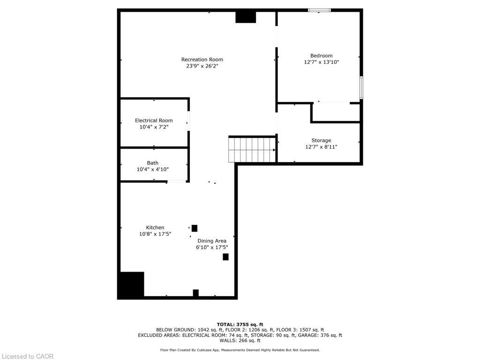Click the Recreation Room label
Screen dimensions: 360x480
coord(202,60)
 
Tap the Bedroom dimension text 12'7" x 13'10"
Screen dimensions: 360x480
coord(321,62)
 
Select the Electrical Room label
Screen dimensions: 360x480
coord(154,120)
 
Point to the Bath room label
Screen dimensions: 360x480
coord(152,163)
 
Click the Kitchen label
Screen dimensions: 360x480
coord(155,228)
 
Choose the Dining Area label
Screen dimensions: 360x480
coord(211,241)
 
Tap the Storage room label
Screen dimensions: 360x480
coord(321,141)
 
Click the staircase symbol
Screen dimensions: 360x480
coord(252,149)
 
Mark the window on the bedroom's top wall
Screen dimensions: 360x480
coord(319,10)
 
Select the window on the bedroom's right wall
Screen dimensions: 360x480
coord(361,87)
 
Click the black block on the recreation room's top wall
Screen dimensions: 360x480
coord(246,17)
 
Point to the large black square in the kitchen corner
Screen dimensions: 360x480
coord(131,285)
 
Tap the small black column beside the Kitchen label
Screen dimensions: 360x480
coord(195,228)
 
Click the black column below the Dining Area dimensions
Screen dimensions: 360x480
coord(225,257)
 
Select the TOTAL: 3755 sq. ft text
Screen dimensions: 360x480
coord(240,324)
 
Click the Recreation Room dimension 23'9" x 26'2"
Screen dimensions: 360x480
coord(202,66)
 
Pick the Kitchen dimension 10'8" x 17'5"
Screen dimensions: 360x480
coord(155,234)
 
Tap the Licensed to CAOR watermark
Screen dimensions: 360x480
coord(27,356)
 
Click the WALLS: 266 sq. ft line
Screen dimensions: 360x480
coord(240,341)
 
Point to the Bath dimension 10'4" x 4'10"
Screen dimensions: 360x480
coord(152,170)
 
